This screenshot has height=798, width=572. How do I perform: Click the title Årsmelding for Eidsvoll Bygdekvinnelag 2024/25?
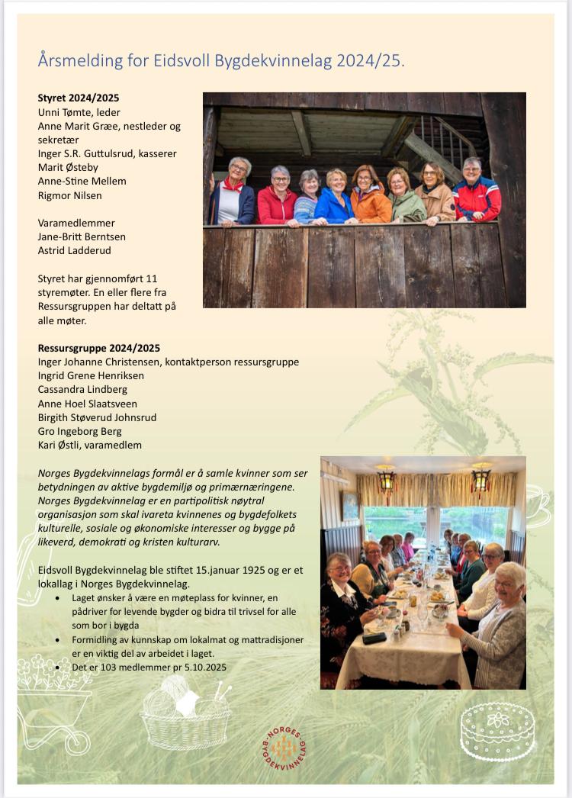pyautogui.click(x=221, y=60)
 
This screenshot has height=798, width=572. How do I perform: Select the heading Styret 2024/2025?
pyautogui.click(x=79, y=98)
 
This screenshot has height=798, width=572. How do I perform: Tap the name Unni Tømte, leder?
pyautogui.click(x=79, y=112)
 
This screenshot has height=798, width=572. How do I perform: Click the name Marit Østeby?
pyautogui.click(x=68, y=167)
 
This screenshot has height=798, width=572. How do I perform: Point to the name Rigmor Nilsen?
pyautogui.click(x=70, y=195)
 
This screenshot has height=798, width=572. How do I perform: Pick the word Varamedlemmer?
pyautogui.click(x=77, y=223)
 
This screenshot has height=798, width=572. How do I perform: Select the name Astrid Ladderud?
pyautogui.click(x=75, y=250)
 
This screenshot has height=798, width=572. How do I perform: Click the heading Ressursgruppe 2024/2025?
pyautogui.click(x=99, y=348)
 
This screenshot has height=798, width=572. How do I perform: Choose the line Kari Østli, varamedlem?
pyautogui.click(x=90, y=445)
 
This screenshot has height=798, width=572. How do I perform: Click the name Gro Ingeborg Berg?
pyautogui.click(x=80, y=431)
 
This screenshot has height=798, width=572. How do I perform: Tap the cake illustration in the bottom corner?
pyautogui.click(x=498, y=731)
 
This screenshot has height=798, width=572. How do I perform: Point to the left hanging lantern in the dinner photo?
pyautogui.click(x=386, y=480)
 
